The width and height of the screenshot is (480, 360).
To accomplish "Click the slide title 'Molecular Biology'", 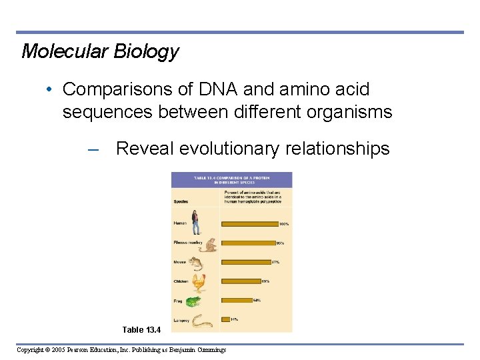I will (x=100, y=51).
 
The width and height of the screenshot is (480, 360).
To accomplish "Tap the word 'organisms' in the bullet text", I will (x=351, y=112).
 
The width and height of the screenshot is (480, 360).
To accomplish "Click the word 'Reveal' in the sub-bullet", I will (x=144, y=149).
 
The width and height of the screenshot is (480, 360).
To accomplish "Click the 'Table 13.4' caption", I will (x=142, y=330).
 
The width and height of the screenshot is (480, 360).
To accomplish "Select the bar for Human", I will (x=249, y=224).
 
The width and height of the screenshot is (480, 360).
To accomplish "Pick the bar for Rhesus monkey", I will (x=248, y=243).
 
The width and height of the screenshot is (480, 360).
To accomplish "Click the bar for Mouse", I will (x=245, y=262).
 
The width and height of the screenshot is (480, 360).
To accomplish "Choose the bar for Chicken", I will (x=241, y=281).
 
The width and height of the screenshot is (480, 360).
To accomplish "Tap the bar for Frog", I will (x=237, y=300).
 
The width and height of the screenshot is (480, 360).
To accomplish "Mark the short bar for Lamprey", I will (x=225, y=319).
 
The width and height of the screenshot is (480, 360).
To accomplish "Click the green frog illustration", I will (x=194, y=302).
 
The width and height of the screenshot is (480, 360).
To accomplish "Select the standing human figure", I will (x=195, y=223).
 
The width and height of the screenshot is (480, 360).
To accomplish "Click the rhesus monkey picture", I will (x=209, y=244).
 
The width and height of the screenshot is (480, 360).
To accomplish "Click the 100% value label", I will (x=284, y=224).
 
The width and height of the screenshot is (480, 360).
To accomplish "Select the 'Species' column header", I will (x=181, y=201).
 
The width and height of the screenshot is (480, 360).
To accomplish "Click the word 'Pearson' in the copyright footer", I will (x=97, y=349).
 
